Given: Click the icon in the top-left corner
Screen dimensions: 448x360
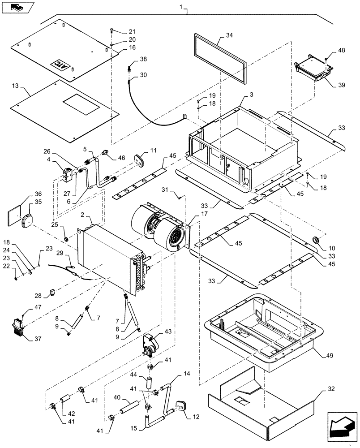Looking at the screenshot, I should (x=17, y=7).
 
